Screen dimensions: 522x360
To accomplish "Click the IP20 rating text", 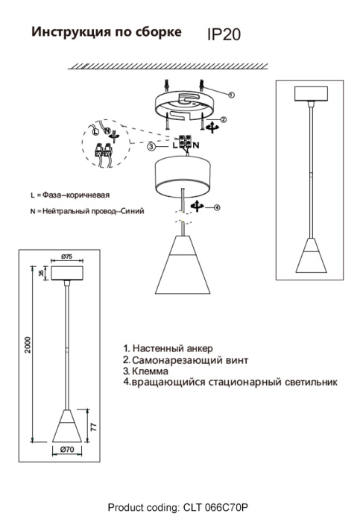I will point(223,34).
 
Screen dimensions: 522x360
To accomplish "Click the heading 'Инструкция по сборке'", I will point(105,32).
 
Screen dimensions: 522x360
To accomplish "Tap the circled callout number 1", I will point(232,95).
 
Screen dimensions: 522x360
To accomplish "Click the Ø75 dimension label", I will point(66,257).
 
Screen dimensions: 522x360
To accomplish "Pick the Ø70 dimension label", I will point(66,450).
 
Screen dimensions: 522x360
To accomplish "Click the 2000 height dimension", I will point(28,345).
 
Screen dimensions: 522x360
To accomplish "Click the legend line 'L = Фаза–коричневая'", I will point(75,195).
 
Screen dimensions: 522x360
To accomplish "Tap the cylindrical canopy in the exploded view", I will point(181,174).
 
